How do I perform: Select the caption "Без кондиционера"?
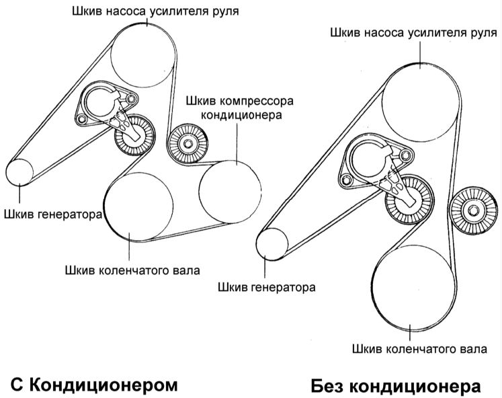(x=396, y=386)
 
